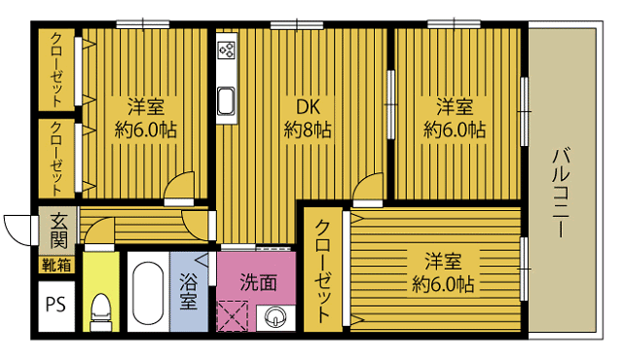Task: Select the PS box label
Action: tap(55, 301)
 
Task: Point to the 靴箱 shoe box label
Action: tap(55, 264)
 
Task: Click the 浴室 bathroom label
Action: tap(189, 292)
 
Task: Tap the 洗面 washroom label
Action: tap(258, 283)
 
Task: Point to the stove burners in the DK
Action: tap(226, 50)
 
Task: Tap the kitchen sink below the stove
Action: tap(226, 99)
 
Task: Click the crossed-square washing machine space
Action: tap(235, 317)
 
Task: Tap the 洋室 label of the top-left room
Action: tap(145, 105)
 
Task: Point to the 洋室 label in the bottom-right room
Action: tap(443, 262)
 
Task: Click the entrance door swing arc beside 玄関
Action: tap(18, 229)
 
